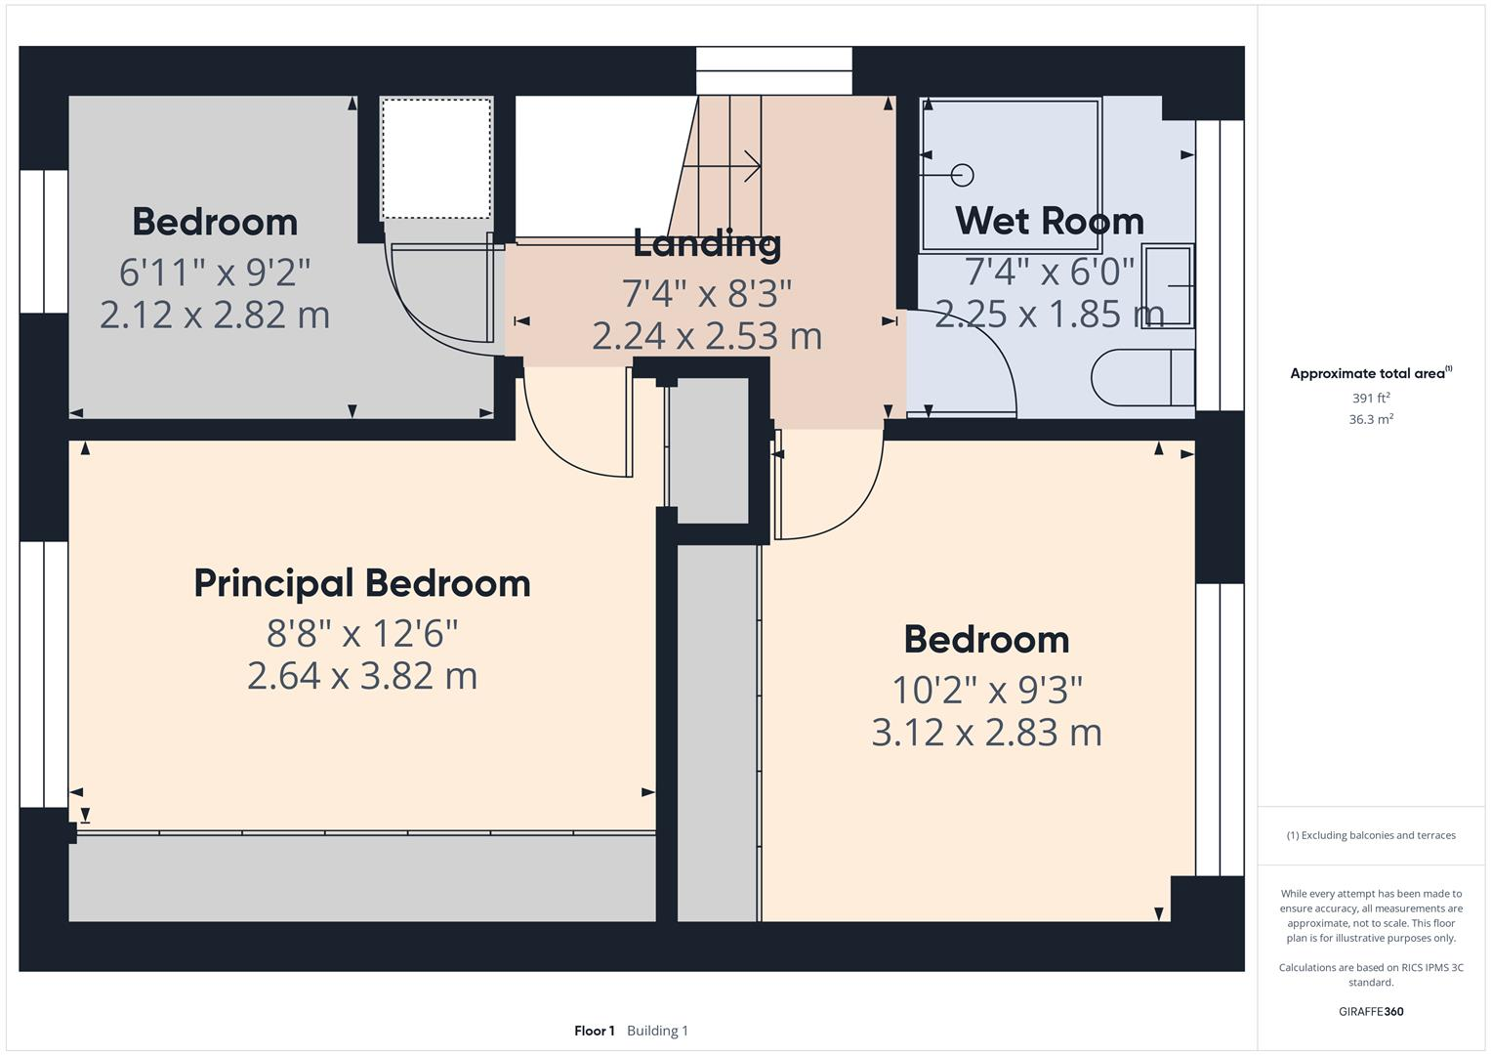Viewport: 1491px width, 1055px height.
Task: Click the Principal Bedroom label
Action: (x=362, y=583)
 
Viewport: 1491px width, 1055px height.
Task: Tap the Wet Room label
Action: (x=1049, y=221)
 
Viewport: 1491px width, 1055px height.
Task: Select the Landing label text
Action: (x=707, y=243)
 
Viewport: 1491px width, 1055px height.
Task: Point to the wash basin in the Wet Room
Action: (x=1168, y=285)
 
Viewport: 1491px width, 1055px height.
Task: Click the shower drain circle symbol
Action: (x=963, y=175)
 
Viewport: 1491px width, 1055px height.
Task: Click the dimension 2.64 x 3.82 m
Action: (x=362, y=676)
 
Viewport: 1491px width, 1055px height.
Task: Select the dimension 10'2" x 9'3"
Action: (x=986, y=690)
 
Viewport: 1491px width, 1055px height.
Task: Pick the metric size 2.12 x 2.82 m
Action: (x=215, y=315)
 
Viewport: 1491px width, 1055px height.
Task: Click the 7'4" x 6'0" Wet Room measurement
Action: (x=1049, y=271)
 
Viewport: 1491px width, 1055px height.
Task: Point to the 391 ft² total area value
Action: (x=1371, y=398)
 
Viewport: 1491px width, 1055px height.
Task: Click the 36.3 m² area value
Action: (x=1371, y=419)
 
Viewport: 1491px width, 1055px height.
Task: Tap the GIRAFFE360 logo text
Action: (x=1371, y=1011)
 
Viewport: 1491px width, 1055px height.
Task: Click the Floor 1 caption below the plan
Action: (x=594, y=1031)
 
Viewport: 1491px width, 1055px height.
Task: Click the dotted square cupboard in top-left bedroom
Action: (x=435, y=158)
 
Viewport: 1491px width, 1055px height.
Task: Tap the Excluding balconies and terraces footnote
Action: (x=1371, y=835)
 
